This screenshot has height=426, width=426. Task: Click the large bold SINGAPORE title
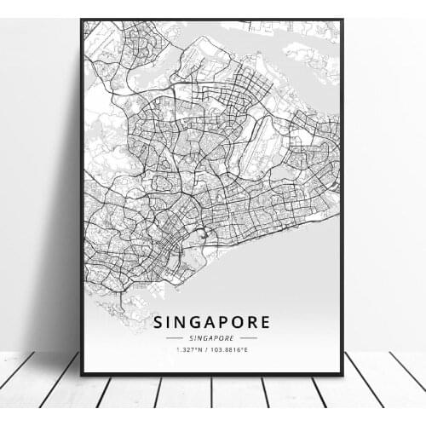[212, 322]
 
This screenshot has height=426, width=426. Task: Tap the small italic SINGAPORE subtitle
[212, 338]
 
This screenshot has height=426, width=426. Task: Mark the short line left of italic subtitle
[176, 338]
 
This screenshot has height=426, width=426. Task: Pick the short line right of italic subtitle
[249, 338]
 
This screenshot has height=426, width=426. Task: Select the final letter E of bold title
[265, 322]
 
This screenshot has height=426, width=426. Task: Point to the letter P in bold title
[221, 322]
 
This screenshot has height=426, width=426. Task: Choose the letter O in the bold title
[235, 322]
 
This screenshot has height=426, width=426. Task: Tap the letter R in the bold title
[250, 322]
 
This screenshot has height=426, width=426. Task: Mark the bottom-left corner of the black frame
[82, 374]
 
